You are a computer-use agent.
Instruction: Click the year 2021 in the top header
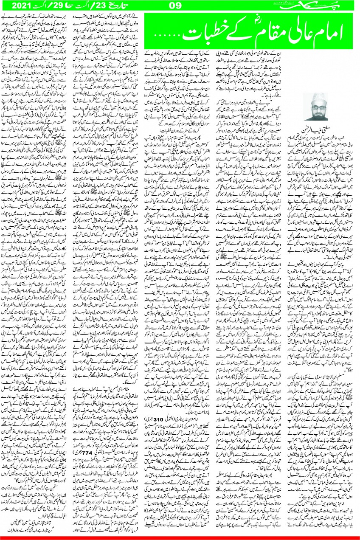pos(20,6)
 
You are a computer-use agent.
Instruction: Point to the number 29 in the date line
pos(53,6)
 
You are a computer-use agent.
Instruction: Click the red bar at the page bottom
pos(180,538)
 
